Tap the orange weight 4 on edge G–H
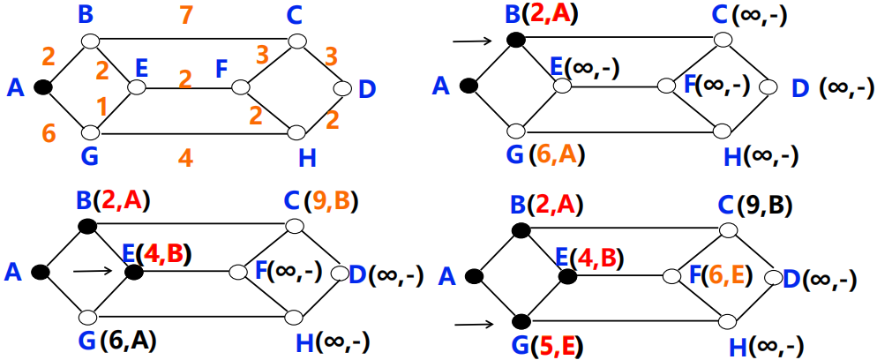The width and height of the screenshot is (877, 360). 184,160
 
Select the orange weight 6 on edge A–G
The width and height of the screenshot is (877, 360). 49,132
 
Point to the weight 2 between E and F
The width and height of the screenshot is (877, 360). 184,78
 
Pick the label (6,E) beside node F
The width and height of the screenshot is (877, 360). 723,274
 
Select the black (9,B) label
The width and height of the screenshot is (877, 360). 763,206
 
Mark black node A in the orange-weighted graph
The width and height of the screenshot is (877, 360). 41,87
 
